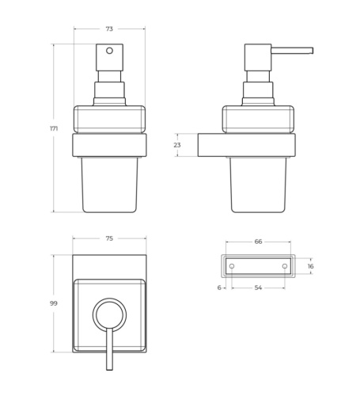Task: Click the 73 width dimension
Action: (x=109, y=29)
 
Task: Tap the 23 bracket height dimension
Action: (x=177, y=145)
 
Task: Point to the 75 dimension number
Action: (x=109, y=238)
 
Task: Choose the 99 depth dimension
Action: (x=54, y=303)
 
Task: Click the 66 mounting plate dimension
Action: (x=258, y=242)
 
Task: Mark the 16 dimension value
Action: (x=310, y=266)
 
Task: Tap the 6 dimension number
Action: (x=218, y=288)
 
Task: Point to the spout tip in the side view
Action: (x=310, y=51)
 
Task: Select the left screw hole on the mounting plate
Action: (x=232, y=266)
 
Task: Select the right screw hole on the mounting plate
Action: (x=284, y=266)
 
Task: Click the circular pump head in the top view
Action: (x=109, y=314)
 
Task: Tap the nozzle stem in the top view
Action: (x=109, y=352)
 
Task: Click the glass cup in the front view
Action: (x=109, y=184)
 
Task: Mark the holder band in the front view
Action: (x=109, y=145)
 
